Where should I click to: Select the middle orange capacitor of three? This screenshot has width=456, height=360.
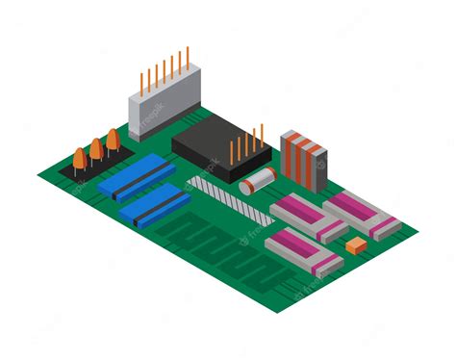click(x=96, y=148)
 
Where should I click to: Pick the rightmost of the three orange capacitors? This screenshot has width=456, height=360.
click(x=113, y=141)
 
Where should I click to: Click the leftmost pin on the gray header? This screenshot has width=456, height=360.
click(x=141, y=80)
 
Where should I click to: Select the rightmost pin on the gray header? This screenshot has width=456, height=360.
click(x=187, y=58)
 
